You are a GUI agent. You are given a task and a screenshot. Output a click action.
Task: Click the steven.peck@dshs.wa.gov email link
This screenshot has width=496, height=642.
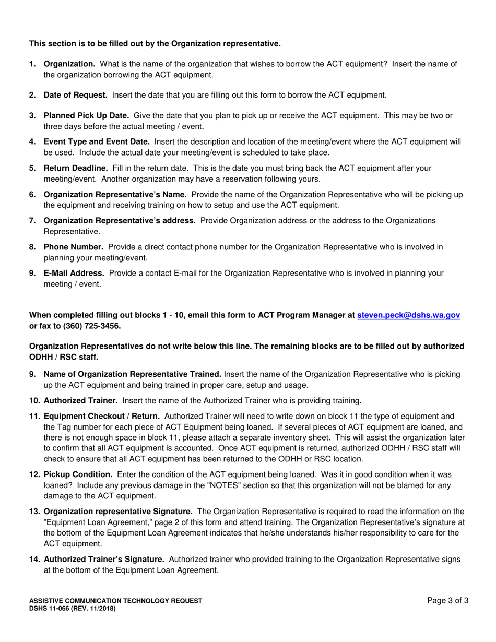click(408, 315)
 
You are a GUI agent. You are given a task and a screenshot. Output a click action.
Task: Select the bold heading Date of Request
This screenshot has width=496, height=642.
click(76, 95)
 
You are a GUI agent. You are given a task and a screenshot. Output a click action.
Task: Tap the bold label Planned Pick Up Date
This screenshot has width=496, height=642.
click(86, 116)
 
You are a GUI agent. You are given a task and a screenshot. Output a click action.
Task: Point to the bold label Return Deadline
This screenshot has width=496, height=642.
click(76, 168)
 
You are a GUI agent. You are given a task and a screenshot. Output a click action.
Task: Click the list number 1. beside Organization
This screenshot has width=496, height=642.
click(32, 64)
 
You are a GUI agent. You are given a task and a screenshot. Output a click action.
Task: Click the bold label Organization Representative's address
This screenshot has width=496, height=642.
click(120, 220)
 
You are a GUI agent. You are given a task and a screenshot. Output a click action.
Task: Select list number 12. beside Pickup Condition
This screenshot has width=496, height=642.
click(34, 474)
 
